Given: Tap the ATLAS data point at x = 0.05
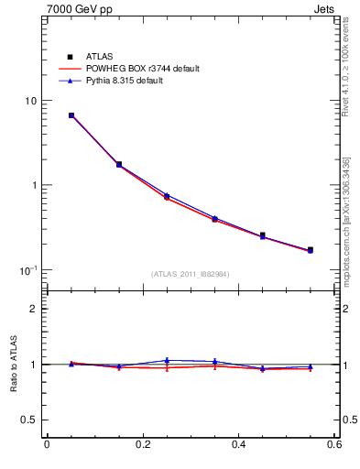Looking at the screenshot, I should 71,115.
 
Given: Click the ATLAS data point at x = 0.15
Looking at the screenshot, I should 119,165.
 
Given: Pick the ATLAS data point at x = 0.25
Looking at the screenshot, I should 167,197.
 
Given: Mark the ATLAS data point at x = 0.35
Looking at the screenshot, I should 214,219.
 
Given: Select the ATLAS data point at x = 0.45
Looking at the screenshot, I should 262,235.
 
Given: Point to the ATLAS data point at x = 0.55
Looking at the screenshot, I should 310,249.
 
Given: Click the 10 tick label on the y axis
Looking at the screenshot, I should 30,101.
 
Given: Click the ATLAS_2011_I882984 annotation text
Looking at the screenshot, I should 191,274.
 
